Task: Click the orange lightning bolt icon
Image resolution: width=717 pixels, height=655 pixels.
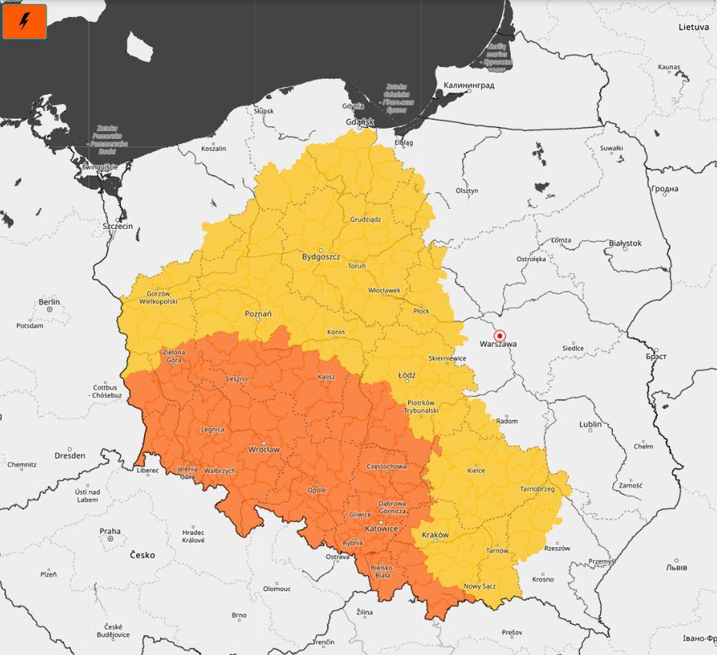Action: click(25, 21)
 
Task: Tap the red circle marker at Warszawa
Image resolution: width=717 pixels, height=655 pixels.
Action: click(499, 335)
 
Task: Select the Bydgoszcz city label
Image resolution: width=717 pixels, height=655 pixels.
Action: click(320, 256)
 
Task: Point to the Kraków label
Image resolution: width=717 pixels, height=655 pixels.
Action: click(435, 534)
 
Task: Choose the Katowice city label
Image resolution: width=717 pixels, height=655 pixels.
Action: click(381, 529)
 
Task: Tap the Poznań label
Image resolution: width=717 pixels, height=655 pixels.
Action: click(258, 314)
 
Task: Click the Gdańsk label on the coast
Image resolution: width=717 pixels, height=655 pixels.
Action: click(360, 122)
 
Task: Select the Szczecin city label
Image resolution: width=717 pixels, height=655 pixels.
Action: click(118, 226)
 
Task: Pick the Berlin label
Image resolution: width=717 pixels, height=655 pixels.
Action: click(49, 302)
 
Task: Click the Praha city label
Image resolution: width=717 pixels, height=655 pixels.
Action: click(110, 531)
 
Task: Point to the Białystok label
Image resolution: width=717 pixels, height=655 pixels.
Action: click(625, 243)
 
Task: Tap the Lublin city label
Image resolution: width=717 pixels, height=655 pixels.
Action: click(591, 424)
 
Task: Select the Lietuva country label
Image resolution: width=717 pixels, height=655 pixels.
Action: click(693, 27)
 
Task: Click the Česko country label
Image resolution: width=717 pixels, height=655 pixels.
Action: click(142, 555)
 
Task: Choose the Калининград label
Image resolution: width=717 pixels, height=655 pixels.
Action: click(468, 85)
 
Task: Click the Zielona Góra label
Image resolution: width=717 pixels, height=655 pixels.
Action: click(174, 356)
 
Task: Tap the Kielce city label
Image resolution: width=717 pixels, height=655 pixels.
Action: click(477, 469)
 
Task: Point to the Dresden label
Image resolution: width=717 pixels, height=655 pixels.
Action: click(70, 455)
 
